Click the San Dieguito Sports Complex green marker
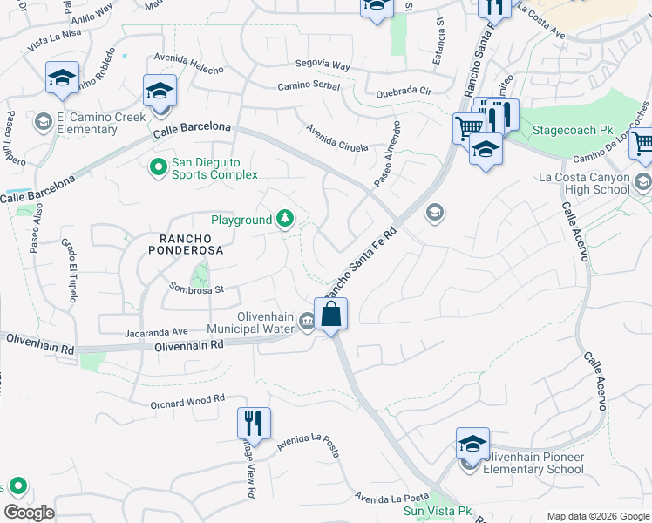[158, 166]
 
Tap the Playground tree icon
[285, 220]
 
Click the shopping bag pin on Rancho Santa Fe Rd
[331, 314]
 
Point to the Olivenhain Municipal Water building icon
[307, 323]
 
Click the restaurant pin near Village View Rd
[254, 424]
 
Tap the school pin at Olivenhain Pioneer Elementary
[472, 445]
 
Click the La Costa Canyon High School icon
[643, 183]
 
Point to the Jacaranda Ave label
[156, 331]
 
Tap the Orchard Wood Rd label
[187, 399]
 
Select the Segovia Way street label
[322, 65]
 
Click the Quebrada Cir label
[404, 91]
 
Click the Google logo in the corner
[29, 512]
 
